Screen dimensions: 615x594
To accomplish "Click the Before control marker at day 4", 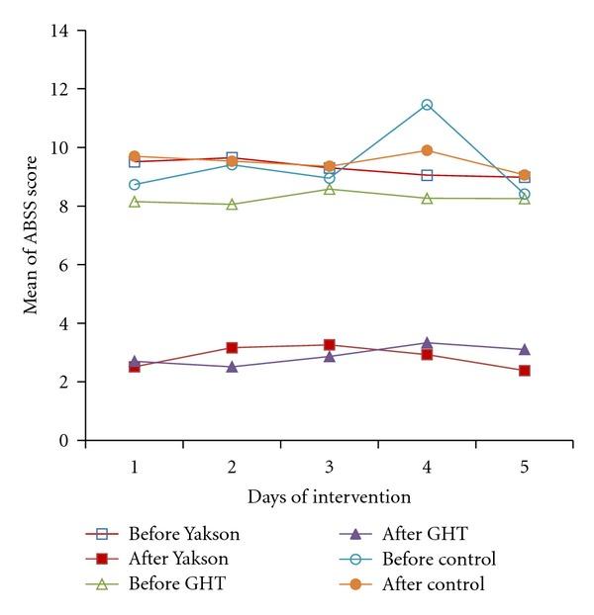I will [427, 105].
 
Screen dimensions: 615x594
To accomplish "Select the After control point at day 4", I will [427, 150].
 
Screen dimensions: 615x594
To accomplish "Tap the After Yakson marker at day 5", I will [524, 371].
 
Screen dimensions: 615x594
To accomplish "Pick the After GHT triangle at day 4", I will [427, 343].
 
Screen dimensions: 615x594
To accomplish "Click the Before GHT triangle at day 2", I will [232, 205].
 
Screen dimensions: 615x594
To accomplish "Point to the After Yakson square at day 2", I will [232, 347].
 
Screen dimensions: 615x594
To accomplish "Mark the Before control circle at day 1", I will [135, 185].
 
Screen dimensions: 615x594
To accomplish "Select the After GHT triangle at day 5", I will [524, 349].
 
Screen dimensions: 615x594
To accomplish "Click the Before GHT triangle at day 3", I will [329, 189].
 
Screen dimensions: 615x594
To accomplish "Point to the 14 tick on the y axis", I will [65, 31].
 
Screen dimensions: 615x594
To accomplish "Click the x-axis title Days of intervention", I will [329, 495].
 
